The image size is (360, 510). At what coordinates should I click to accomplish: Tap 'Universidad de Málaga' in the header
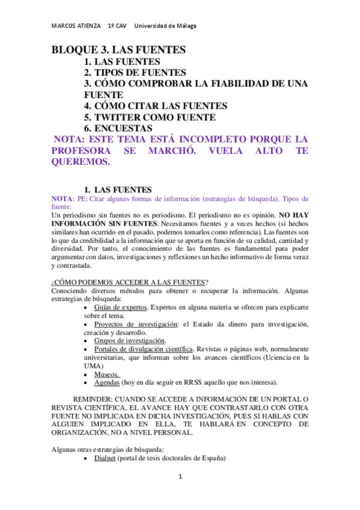coord(165,26)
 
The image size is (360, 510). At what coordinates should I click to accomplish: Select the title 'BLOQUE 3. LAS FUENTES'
coord(118,50)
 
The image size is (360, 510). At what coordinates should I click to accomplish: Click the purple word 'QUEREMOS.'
coord(81,162)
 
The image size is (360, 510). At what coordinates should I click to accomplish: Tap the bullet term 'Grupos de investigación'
coord(129,341)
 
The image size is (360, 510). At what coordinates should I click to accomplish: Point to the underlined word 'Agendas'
coord(106,382)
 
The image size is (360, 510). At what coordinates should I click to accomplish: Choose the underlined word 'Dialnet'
coord(105,458)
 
